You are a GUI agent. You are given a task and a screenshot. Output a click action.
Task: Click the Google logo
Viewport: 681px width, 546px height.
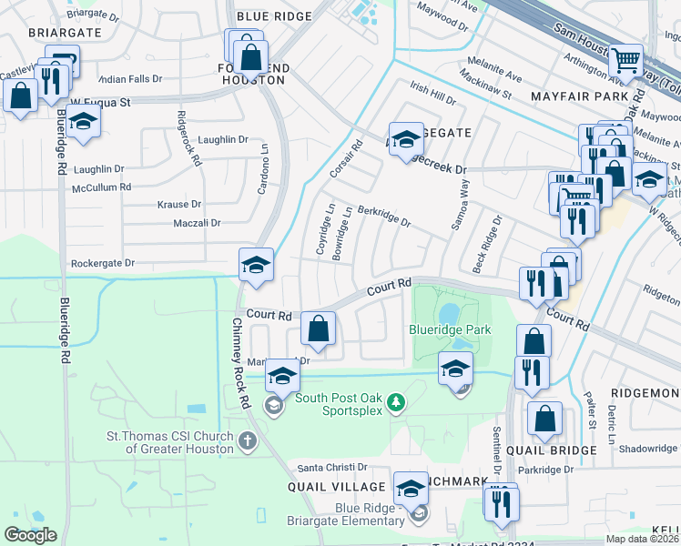[x=30, y=535]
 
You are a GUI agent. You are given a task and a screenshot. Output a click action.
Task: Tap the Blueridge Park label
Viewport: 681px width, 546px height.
[x=452, y=329]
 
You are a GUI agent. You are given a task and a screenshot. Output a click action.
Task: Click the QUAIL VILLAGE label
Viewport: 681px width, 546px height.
[x=326, y=487]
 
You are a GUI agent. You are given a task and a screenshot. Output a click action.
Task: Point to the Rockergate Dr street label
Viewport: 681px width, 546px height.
[x=102, y=263]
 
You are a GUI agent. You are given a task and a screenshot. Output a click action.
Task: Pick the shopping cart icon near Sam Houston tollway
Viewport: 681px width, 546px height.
[x=625, y=61]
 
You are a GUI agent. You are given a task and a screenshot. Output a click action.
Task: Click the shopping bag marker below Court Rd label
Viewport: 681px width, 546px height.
[x=318, y=329]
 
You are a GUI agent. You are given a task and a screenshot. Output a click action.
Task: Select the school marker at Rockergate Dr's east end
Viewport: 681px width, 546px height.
[x=256, y=265]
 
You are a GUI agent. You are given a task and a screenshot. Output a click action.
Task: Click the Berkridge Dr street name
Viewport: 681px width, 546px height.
[x=383, y=215]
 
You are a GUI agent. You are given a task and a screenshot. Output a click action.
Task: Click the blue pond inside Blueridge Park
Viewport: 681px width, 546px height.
[x=448, y=313]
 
